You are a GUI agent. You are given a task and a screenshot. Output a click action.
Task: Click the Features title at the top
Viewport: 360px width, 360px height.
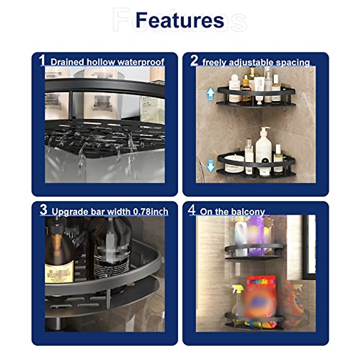pos(180,20)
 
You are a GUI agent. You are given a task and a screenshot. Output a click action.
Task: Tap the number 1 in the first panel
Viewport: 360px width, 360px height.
pos(42,60)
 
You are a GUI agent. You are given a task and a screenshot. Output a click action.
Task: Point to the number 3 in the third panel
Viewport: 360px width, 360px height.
pos(43,210)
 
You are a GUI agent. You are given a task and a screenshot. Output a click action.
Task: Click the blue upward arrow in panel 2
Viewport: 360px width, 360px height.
pos(210,93)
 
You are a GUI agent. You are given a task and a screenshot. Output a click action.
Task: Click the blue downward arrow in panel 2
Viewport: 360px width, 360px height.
pos(211,165)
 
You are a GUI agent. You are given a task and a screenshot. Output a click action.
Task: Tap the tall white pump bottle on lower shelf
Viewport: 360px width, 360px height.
pos(263,150)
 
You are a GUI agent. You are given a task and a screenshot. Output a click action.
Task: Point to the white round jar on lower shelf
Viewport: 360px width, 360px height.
pos(234,164)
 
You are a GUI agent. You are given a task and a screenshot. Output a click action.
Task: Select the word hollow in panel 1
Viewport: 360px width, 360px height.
pos(101,62)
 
